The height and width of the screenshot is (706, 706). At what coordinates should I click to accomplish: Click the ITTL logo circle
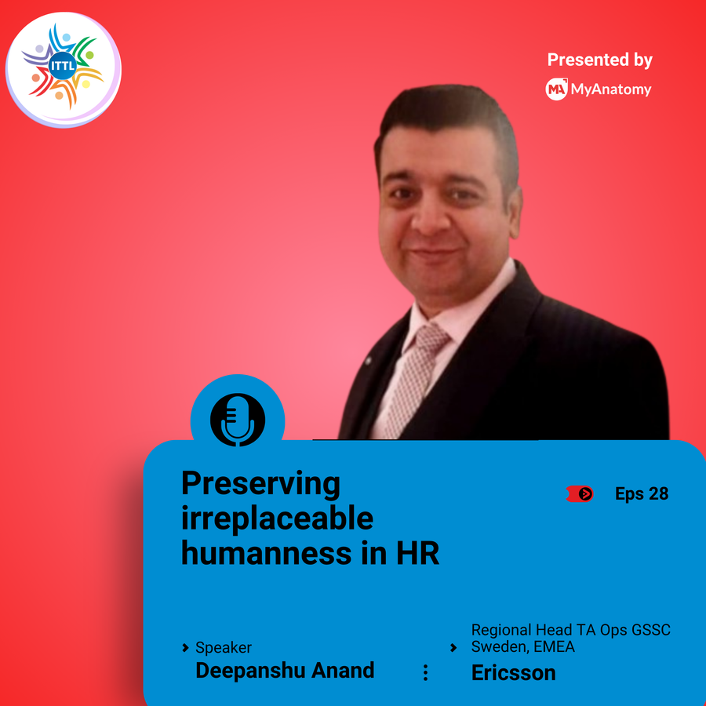click(x=63, y=70)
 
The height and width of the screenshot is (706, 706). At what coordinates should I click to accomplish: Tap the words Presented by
click(x=600, y=60)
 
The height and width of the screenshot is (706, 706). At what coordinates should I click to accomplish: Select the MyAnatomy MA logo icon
click(x=556, y=89)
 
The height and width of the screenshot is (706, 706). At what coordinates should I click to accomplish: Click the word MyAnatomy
click(x=611, y=89)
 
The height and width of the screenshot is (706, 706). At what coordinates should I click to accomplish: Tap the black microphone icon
click(x=237, y=420)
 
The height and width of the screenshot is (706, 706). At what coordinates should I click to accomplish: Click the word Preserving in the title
click(x=260, y=484)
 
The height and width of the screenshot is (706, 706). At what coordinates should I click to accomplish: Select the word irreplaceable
click(x=277, y=519)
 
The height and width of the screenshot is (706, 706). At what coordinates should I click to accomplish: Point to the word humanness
click(x=266, y=553)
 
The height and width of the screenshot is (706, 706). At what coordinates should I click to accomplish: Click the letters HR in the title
click(x=417, y=553)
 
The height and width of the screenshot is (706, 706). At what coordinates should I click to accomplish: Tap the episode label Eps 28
click(x=642, y=494)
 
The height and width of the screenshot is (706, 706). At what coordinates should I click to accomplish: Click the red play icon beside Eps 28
click(x=580, y=494)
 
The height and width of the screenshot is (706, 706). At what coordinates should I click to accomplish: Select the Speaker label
click(x=224, y=647)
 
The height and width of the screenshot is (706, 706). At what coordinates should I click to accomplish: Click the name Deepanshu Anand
click(x=285, y=671)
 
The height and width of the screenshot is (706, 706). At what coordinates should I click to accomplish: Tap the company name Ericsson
click(x=513, y=673)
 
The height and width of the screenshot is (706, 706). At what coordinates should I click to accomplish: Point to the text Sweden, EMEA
click(x=522, y=646)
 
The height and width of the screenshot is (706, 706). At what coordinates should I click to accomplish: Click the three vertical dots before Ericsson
click(x=425, y=673)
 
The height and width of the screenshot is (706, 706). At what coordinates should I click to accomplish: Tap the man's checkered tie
click(x=413, y=379)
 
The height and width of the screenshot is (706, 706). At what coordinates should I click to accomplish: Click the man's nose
click(x=430, y=217)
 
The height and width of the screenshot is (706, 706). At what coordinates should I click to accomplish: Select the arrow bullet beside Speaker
click(x=185, y=648)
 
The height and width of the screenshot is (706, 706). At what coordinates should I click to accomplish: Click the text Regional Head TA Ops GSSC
click(x=571, y=629)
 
